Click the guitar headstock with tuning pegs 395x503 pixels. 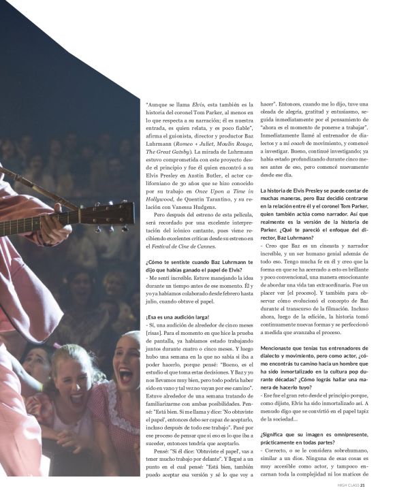click(113, 216)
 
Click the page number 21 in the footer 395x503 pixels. click(363, 485)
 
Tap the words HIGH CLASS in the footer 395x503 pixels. click(347, 485)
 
